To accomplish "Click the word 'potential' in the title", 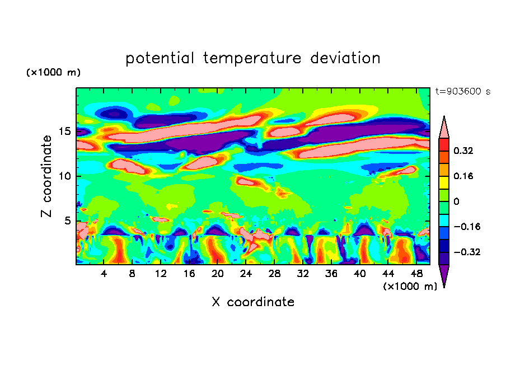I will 160,59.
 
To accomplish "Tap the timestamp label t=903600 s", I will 462,91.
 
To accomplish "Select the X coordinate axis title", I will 253,302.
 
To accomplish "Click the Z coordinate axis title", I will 47,176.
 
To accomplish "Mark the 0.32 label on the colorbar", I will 464,151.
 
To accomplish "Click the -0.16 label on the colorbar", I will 466,227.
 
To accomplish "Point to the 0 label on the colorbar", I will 456,201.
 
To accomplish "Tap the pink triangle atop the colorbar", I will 444,128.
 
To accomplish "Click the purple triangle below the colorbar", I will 444,275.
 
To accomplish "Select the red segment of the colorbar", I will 444,144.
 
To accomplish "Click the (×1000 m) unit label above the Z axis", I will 54,73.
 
